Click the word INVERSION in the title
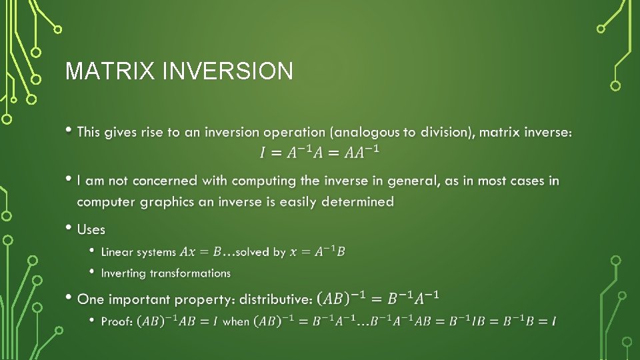[227, 71]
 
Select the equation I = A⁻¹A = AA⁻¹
[320, 153]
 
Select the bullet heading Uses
[91, 229]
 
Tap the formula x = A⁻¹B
[317, 251]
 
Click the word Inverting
[123, 273]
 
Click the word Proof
[117, 321]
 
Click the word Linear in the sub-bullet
[116, 252]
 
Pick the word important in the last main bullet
[140, 299]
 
